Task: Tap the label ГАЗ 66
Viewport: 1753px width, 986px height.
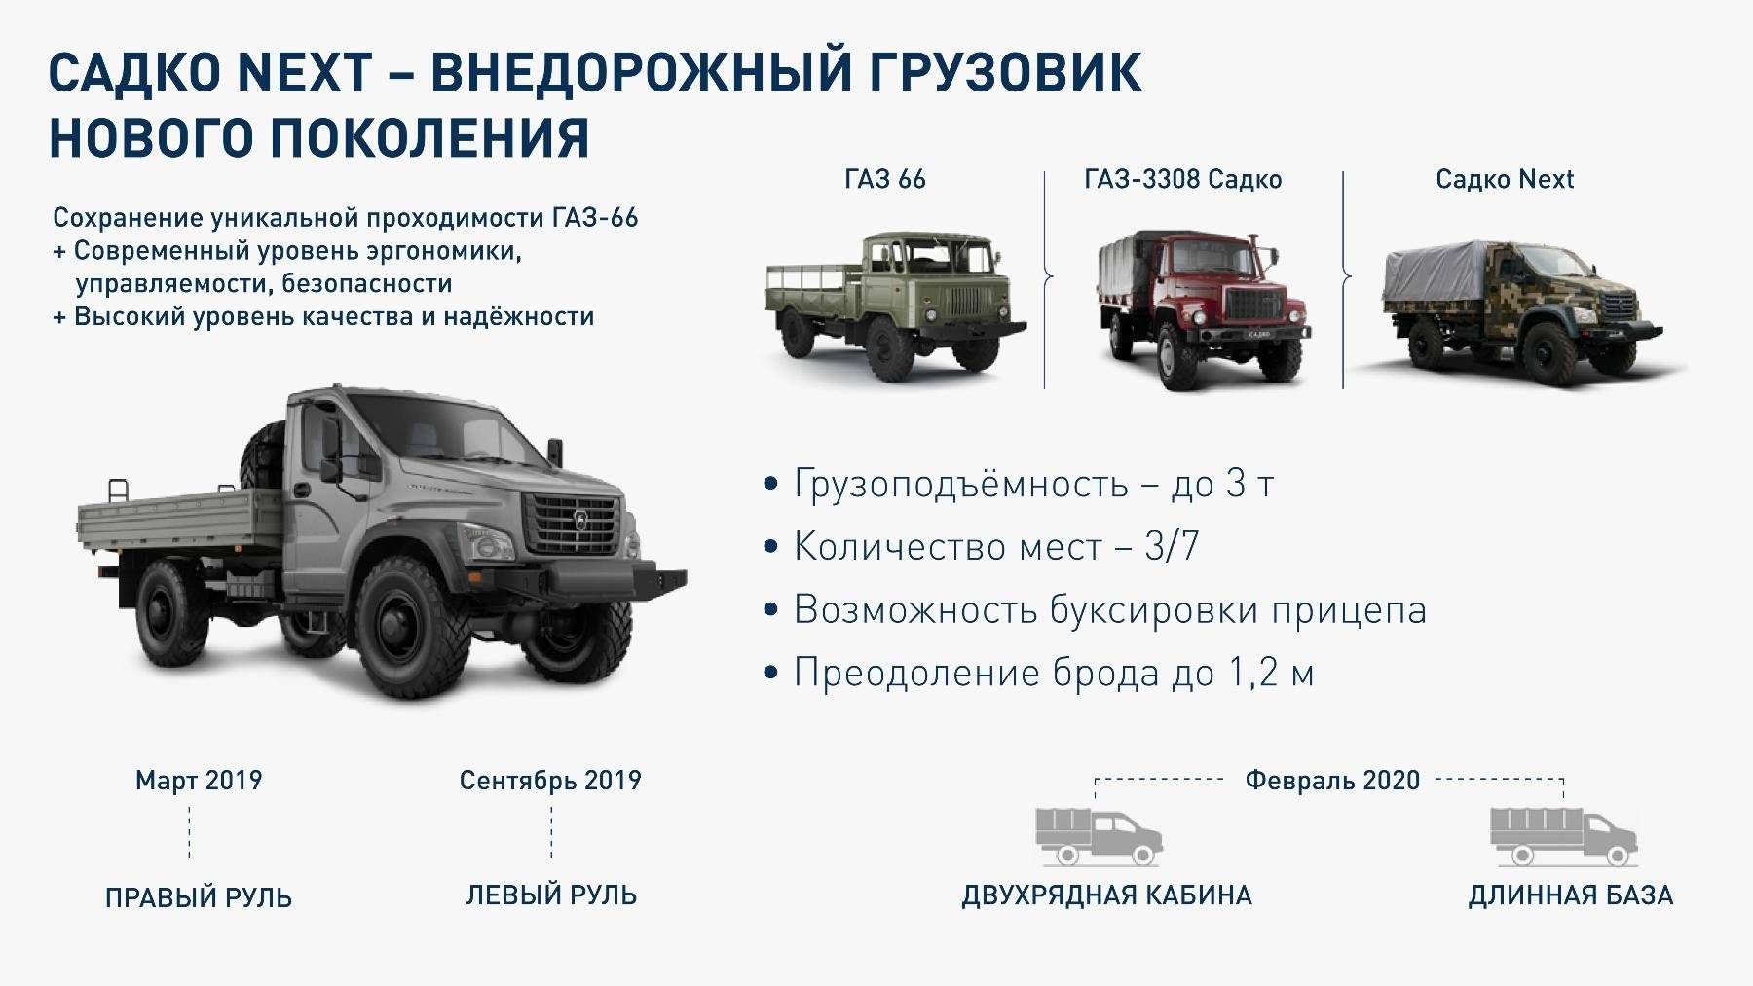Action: pos(885,179)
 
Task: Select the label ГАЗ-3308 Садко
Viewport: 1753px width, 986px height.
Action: pos(1182,179)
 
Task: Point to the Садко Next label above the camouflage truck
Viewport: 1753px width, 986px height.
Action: pos(1505,179)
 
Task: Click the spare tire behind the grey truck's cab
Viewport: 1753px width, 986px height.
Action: pos(264,457)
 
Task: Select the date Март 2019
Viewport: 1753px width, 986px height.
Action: pos(199,781)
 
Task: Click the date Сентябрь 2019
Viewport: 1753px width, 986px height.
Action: pos(550,781)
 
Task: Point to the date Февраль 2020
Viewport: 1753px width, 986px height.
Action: pos(1332,781)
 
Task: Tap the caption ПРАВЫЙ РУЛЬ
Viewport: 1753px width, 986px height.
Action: pos(199,896)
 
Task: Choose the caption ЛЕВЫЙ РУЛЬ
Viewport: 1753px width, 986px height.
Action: pos(551,895)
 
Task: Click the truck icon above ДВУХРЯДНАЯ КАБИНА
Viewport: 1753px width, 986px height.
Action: pos(1099,834)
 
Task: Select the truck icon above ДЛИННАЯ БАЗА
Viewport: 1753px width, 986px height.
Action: pos(1564,834)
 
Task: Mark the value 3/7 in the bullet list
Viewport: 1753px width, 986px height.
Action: pos(1172,547)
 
